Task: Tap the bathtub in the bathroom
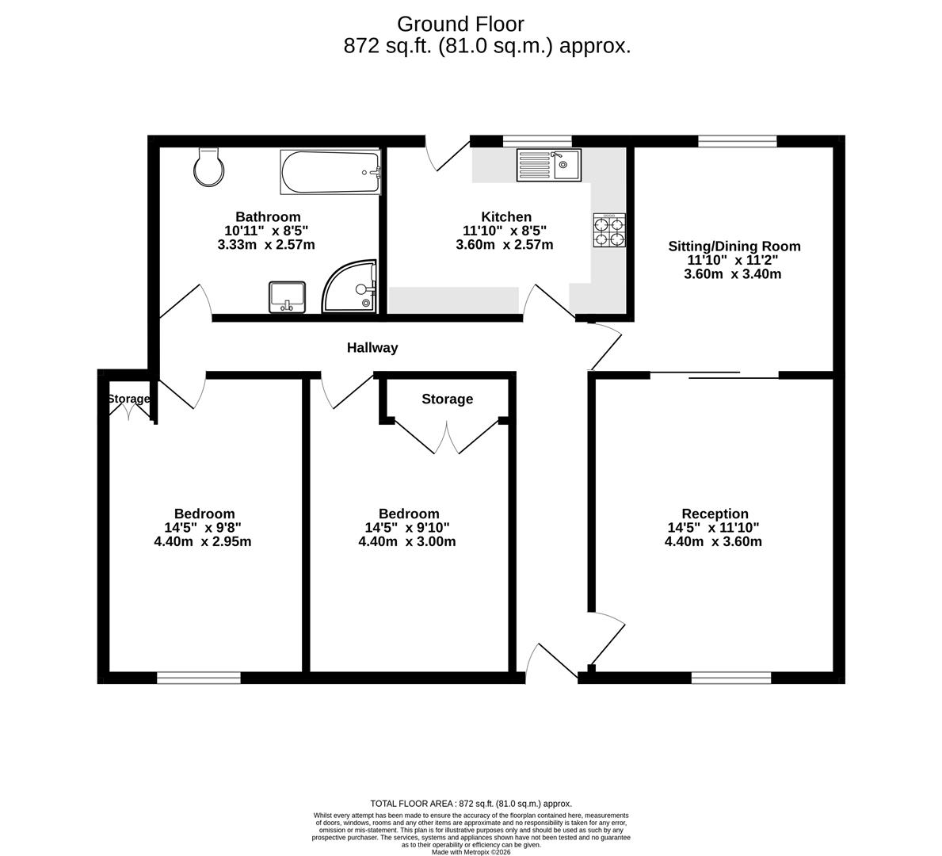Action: click(x=330, y=172)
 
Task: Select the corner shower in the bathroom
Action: click(x=349, y=286)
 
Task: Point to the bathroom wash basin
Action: click(x=287, y=296)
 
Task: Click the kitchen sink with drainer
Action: click(x=548, y=165)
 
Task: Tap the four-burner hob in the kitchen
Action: click(x=609, y=230)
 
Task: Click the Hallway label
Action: click(x=372, y=348)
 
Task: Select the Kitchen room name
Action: click(x=506, y=217)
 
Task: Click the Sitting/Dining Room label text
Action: click(x=734, y=246)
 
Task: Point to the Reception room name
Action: click(x=715, y=514)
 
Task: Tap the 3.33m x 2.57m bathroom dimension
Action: click(x=266, y=245)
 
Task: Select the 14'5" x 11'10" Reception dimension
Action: click(x=713, y=528)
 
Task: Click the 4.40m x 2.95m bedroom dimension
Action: click(x=203, y=542)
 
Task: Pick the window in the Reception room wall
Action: click(x=730, y=678)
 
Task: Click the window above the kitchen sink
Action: click(x=536, y=141)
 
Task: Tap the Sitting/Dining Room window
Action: click(x=737, y=141)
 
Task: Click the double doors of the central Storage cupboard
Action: click(x=447, y=437)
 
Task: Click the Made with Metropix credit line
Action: click(x=471, y=852)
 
